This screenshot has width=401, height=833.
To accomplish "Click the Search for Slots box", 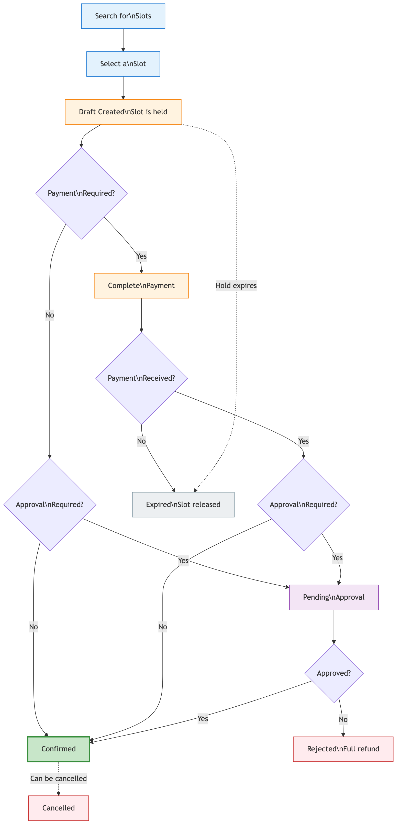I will pyautogui.click(x=123, y=16).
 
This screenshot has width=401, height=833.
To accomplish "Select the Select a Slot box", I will pyautogui.click(x=123, y=64).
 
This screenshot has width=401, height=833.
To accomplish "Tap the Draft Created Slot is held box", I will pyautogui.click(x=123, y=112).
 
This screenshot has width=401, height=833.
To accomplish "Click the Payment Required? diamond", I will pyautogui.click(x=81, y=193).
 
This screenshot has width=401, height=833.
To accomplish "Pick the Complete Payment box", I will pyautogui.click(x=141, y=286).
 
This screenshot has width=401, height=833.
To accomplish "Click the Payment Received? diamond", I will pyautogui.click(x=141, y=378).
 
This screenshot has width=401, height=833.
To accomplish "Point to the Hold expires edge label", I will pyautogui.click(x=236, y=286).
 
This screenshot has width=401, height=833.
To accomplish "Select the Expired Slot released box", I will pyautogui.click(x=183, y=505).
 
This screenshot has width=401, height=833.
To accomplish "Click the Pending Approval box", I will pyautogui.click(x=333, y=597).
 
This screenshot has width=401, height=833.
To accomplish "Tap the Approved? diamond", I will pyautogui.click(x=334, y=673).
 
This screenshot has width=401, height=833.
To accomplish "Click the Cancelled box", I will pyautogui.click(x=59, y=808).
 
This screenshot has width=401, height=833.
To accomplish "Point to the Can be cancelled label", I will pyautogui.click(x=59, y=779).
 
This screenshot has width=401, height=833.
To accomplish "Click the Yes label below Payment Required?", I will pyautogui.click(x=141, y=256).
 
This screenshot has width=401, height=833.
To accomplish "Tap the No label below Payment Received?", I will pyautogui.click(x=141, y=441).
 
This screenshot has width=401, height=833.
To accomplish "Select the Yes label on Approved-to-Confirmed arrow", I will pyautogui.click(x=203, y=719).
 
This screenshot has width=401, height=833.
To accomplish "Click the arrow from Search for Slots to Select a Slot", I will pyautogui.click(x=123, y=40).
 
